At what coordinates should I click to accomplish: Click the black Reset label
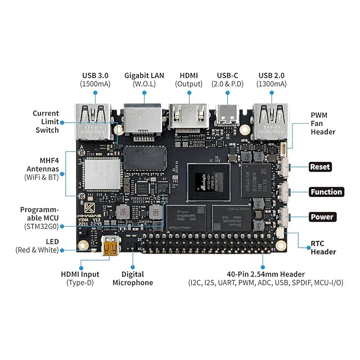pos(320,167)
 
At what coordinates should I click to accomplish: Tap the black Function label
pos(326,192)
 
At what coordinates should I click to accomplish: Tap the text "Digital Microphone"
pos(133,278)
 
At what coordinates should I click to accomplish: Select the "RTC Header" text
pos(323,248)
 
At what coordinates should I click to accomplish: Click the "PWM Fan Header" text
pos(323,123)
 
